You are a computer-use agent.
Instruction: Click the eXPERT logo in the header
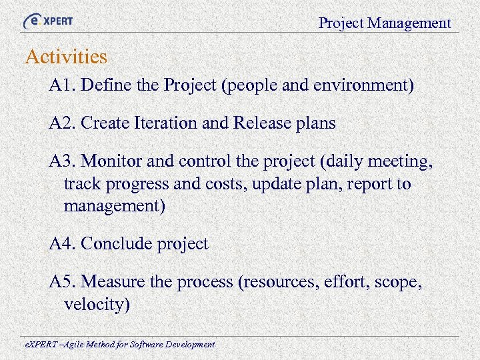[x=48, y=21]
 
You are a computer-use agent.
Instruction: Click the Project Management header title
[x=385, y=23]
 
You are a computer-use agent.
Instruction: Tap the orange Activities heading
[x=66, y=57]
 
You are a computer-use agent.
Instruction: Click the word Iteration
[x=171, y=123]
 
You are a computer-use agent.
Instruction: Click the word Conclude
[x=116, y=244]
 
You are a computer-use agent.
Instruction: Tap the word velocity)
[x=97, y=305]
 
